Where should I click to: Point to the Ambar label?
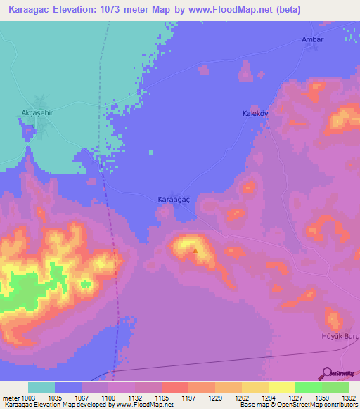(312, 39)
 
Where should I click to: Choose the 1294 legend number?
(257, 398)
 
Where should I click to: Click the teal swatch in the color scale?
(41, 387)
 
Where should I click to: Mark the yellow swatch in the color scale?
(281, 387)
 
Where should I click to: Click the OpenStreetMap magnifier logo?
(327, 374)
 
